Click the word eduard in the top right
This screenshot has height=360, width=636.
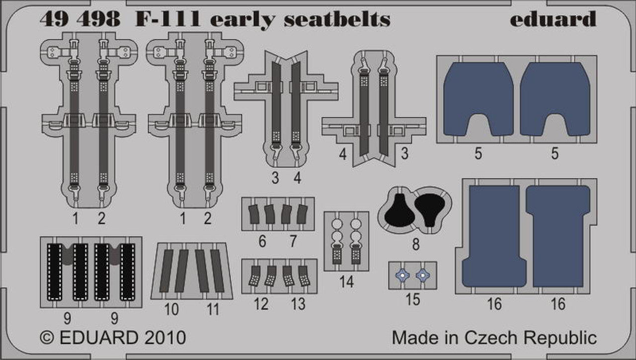pos(553,19)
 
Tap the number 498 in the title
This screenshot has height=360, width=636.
pos(100,19)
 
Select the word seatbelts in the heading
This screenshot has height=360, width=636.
pos(337,19)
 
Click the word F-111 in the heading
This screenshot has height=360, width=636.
pos(167,19)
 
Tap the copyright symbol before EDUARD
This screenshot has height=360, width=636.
pos(47,338)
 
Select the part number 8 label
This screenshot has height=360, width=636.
pos(416,244)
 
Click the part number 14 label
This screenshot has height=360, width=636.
pos(346,282)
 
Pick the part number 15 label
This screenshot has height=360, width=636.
pos(412,299)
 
